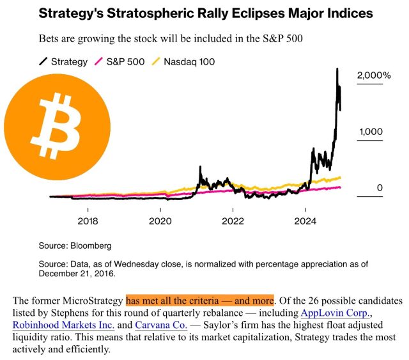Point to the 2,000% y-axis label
click(374, 75)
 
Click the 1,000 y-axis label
click(371, 132)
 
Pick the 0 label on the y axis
click(380, 187)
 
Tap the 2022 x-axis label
click(233, 221)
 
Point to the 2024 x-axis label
click(305, 221)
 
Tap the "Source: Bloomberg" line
click(75, 246)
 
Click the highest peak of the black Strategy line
click(337, 69)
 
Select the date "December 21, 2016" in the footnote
click(77, 274)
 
